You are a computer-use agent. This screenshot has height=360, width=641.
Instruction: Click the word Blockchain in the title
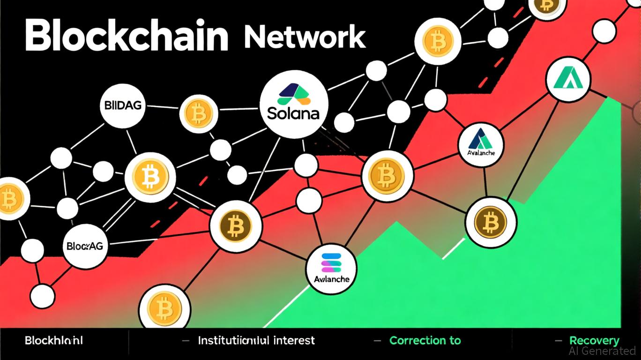(126, 36)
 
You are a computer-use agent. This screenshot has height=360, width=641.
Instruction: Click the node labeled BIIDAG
(121, 106)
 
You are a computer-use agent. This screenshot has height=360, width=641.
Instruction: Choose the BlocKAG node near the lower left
(85, 246)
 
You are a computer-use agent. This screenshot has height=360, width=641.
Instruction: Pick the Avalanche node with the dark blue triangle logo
(480, 145)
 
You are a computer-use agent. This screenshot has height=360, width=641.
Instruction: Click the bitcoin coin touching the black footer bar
(164, 308)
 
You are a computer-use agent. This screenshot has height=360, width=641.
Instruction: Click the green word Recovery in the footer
(594, 341)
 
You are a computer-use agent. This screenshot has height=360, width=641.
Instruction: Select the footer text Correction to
(425, 341)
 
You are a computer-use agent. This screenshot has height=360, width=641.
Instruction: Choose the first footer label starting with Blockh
(54, 341)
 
